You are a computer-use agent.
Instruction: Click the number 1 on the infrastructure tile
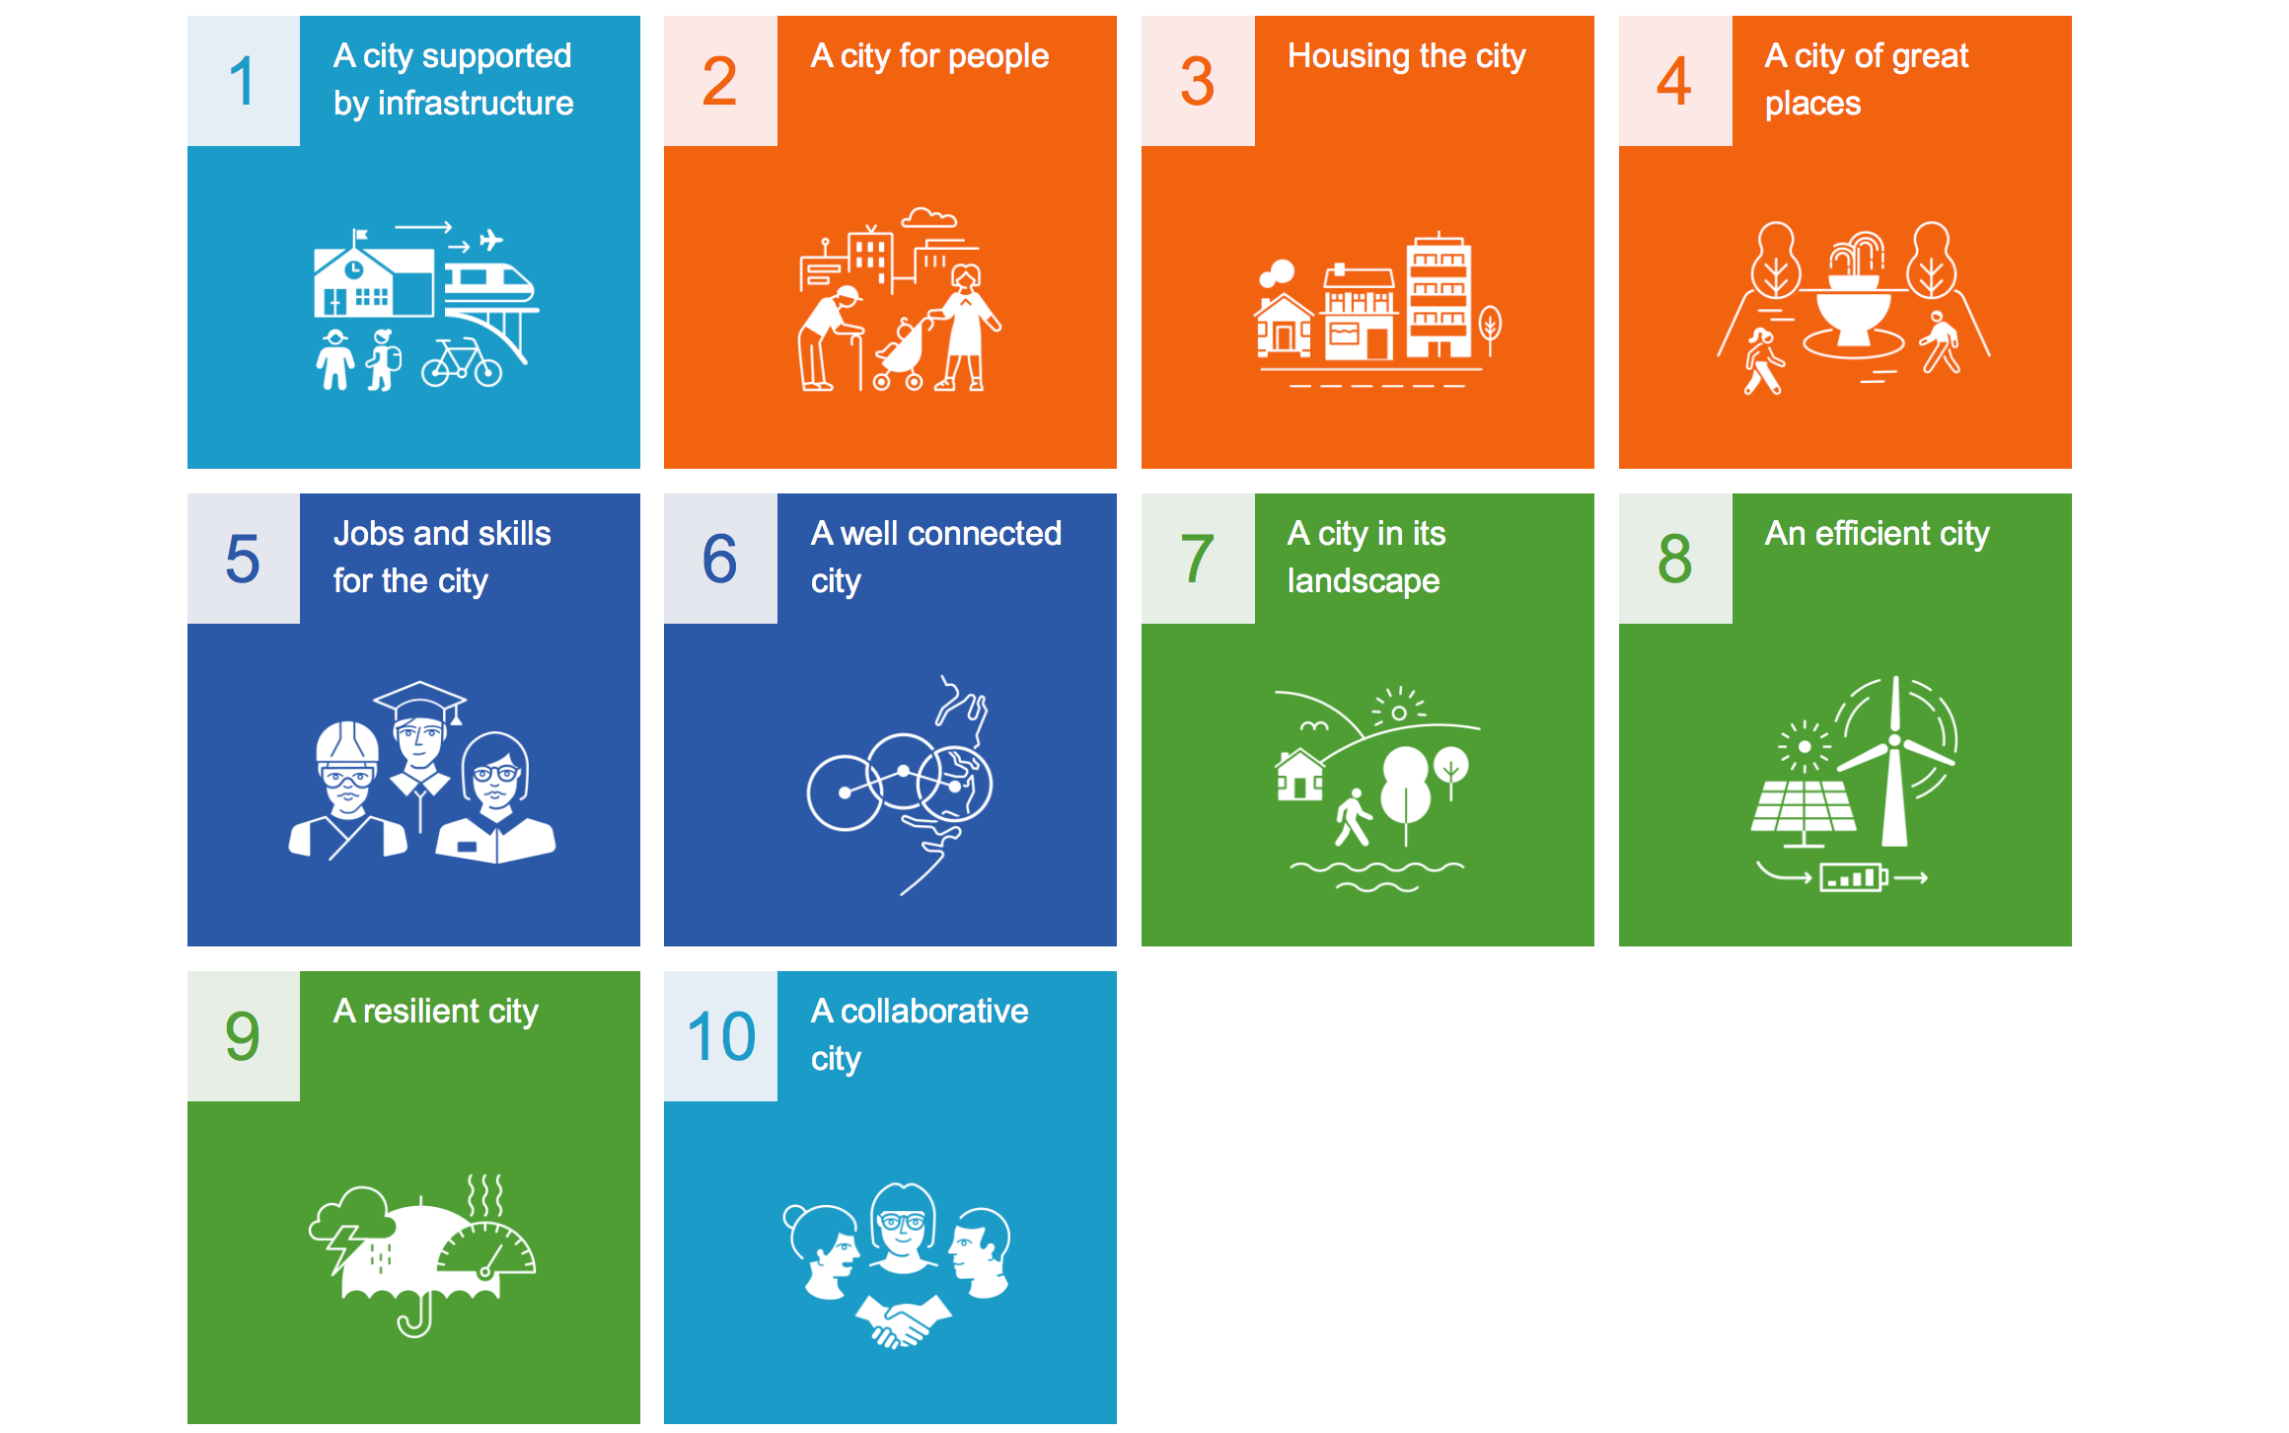[x=243, y=81]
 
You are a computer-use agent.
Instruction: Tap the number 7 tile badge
[x=1198, y=559]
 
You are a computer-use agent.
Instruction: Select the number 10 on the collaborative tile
[x=721, y=1036]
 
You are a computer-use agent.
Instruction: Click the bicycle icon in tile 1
[x=462, y=362]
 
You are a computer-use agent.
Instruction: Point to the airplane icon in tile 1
[x=490, y=239]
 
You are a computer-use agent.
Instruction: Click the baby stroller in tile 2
[x=901, y=354]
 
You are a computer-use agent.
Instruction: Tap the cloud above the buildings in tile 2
[x=929, y=217]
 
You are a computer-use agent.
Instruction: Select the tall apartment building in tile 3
[x=1439, y=296]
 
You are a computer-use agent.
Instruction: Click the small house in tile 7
[x=1299, y=775]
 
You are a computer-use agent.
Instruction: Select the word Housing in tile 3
[x=1349, y=57]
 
